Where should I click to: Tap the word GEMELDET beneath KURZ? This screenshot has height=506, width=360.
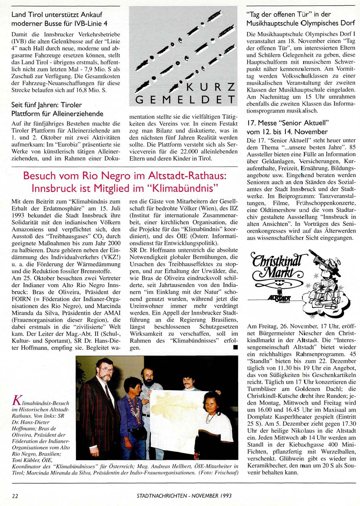point(185,99)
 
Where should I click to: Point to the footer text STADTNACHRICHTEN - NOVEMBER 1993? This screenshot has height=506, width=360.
point(184,496)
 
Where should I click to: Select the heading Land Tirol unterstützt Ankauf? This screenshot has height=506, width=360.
point(57,14)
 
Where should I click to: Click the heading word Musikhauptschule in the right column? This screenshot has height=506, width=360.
point(272,23)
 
